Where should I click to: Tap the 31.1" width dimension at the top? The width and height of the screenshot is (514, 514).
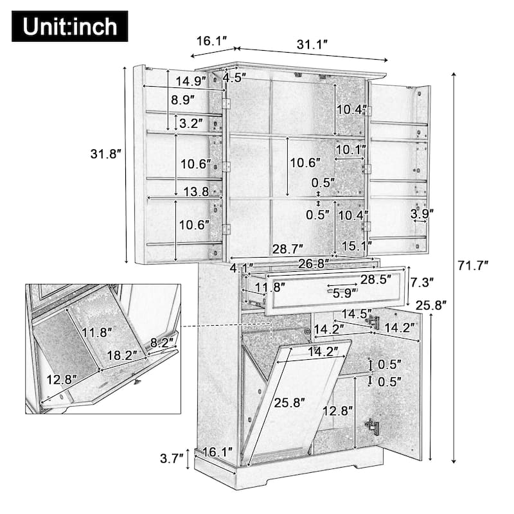tap(313, 44)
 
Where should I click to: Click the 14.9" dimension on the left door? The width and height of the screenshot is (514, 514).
tap(191, 81)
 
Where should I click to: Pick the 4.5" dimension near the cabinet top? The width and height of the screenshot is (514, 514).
tap(235, 78)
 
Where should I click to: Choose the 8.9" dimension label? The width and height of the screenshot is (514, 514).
tap(185, 100)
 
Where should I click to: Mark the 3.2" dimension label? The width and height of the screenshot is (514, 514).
tap(191, 123)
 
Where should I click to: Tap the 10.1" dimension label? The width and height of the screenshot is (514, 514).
tap(351, 150)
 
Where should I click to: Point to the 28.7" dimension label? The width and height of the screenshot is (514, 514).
tap(287, 247)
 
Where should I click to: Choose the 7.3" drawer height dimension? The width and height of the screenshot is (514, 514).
tap(422, 281)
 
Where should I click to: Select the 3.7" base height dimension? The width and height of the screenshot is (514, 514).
tap(172, 459)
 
